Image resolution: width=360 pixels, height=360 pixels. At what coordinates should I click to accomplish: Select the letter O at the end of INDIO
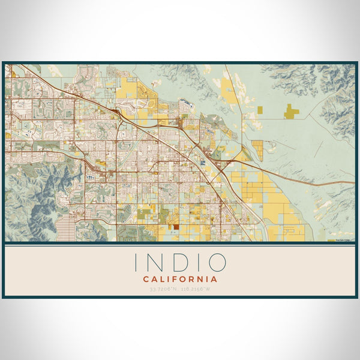tap(217, 263)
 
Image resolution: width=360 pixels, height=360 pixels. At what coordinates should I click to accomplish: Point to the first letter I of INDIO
tap(137, 263)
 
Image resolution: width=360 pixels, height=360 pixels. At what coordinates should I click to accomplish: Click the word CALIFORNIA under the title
tap(180, 279)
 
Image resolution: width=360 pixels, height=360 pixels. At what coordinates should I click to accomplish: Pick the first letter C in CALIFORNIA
tap(146, 279)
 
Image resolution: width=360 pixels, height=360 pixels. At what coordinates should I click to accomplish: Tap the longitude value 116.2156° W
tap(197, 289)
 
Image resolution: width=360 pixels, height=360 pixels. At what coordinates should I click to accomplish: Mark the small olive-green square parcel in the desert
tap(261, 109)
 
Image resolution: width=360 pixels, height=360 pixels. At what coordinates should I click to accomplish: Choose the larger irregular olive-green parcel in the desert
tap(291, 110)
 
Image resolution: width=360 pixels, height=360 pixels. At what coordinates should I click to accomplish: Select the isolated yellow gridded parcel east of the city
tap(257, 148)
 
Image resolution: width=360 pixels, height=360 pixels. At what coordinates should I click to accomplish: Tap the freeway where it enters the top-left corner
tap(18, 66)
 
